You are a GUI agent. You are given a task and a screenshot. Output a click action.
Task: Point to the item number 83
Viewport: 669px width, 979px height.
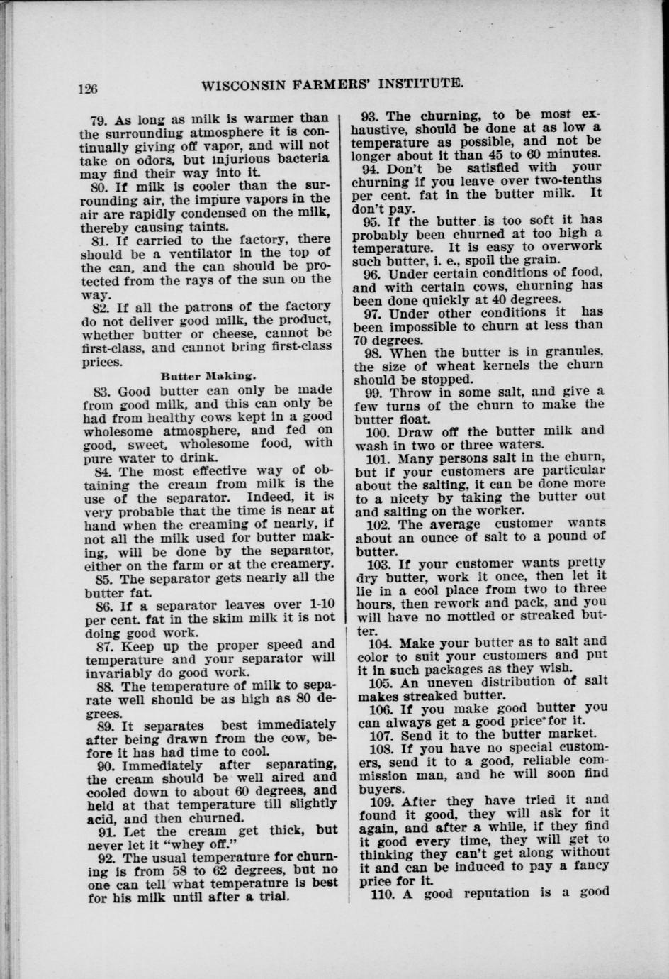click(103, 390)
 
